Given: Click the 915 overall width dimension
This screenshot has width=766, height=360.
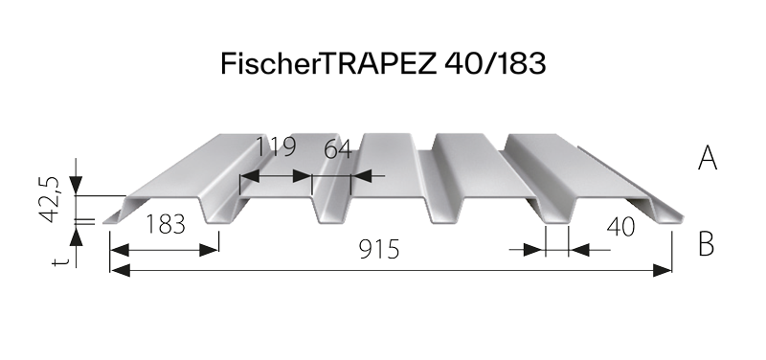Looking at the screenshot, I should tap(380, 250).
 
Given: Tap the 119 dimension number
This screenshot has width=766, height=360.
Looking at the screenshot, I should tap(276, 149).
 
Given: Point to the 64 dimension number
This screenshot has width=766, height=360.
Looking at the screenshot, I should tap(338, 149).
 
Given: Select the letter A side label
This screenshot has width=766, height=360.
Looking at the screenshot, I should tap(707, 158).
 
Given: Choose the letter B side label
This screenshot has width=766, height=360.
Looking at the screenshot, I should tap(707, 244).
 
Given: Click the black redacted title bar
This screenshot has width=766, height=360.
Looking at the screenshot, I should tap(383, 63).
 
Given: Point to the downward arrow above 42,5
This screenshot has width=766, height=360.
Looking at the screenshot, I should tap(77, 187).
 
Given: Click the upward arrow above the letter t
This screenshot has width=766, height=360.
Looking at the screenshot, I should tap(77, 235).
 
